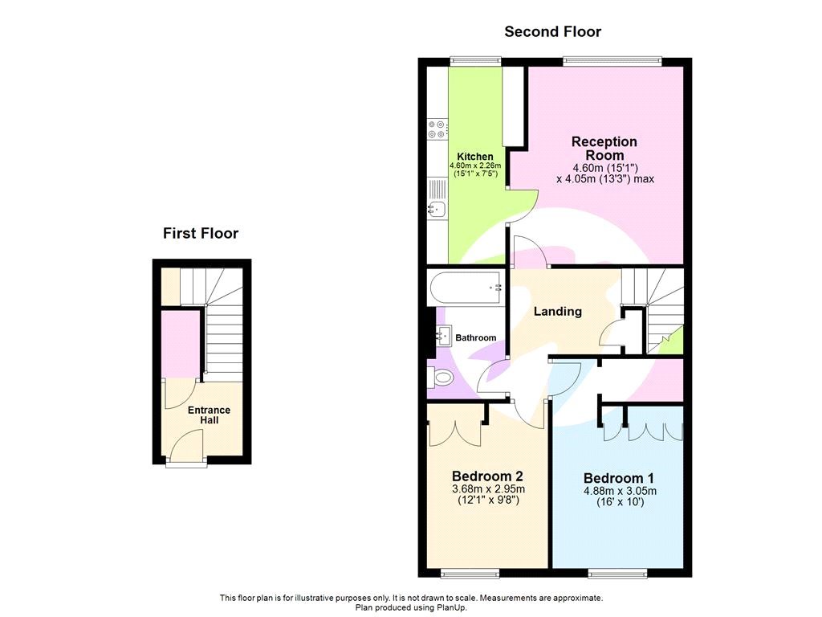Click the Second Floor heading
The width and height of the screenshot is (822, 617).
coord(552,32)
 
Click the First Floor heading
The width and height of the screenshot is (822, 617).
coord(201,234)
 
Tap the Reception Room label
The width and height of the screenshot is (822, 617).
coord(604,148)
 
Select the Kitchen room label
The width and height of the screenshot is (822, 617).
coord(475,157)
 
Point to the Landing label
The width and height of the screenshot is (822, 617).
coord(558,312)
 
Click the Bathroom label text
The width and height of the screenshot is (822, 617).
coord(476,338)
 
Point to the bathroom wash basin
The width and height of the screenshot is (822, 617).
coord(444,336)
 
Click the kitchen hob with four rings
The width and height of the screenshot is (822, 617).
coord(438,129)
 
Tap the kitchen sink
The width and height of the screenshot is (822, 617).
coord(437,210)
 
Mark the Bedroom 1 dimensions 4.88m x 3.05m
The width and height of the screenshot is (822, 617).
coord(620,492)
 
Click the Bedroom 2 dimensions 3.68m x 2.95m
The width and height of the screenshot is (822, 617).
coord(488,488)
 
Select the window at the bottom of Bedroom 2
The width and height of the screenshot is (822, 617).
coord(470,573)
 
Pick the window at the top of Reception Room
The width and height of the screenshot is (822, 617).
coord(612,59)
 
